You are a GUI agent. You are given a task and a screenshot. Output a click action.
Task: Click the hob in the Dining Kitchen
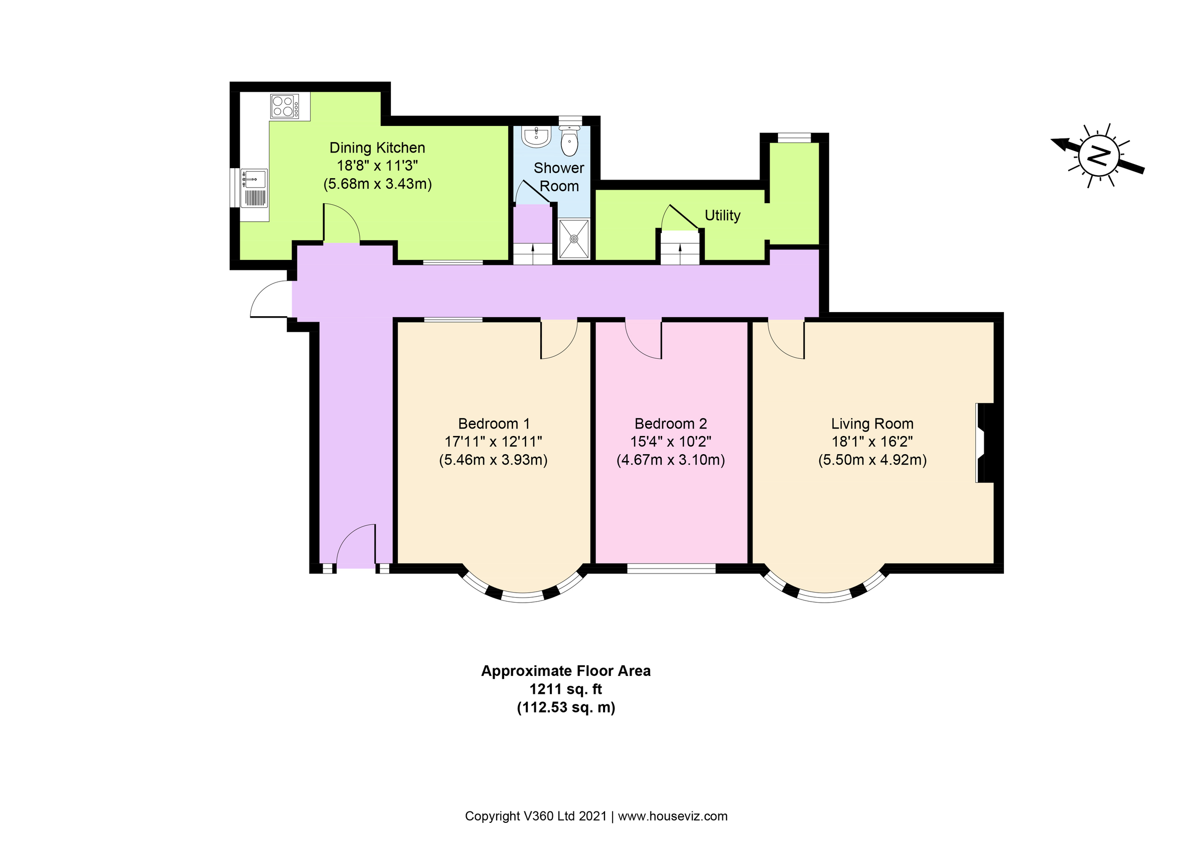(x=285, y=106)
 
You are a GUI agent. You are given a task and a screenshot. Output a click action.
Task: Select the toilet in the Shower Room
(x=569, y=140)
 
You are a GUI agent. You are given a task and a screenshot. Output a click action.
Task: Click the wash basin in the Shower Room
(x=536, y=136)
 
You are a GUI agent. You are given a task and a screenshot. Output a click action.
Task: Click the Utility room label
(x=722, y=215)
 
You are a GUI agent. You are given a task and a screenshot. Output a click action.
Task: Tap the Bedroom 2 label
(x=670, y=423)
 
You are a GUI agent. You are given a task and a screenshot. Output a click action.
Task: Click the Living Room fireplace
(x=984, y=443)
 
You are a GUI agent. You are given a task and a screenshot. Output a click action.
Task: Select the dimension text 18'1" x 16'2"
(x=871, y=442)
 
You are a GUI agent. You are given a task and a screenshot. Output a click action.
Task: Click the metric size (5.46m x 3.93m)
(x=493, y=460)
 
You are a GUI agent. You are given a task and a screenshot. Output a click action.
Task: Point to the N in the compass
(x=1098, y=156)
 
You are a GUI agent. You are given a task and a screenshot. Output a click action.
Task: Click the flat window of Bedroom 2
(x=671, y=568)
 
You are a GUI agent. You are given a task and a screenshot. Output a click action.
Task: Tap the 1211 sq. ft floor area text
(x=565, y=688)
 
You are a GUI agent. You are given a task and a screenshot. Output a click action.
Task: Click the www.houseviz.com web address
(x=672, y=816)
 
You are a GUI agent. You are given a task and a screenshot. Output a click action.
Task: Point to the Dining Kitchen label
(x=377, y=148)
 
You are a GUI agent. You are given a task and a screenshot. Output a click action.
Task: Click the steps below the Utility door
(x=680, y=253)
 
